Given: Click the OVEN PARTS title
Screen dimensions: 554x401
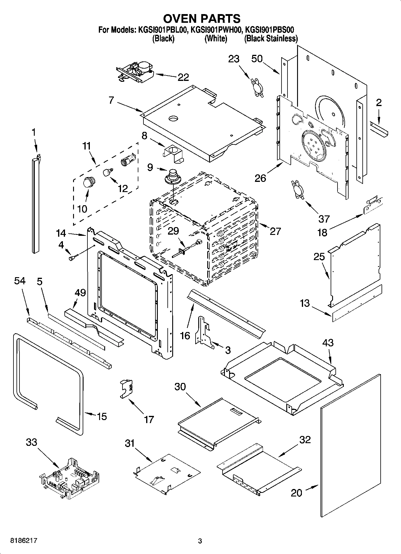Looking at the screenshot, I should click(x=202, y=19).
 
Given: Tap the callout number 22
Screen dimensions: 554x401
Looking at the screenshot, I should click(x=183, y=77).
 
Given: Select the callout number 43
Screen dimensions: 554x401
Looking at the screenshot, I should click(x=328, y=342).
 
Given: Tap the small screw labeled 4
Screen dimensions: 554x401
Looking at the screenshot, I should click(x=73, y=257).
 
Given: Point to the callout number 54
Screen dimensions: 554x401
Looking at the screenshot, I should click(x=20, y=281).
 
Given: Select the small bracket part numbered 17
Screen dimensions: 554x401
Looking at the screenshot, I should click(x=126, y=389).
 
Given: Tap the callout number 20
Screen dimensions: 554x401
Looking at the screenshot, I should click(x=296, y=493).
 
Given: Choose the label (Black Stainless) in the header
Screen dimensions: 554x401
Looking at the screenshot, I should click(x=271, y=38).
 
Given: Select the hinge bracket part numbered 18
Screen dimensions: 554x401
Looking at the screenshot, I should click(x=373, y=206).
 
